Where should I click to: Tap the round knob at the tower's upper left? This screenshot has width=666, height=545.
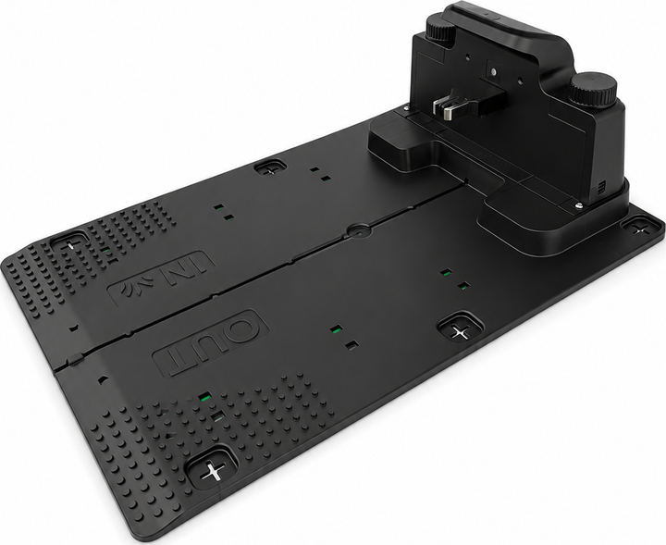tap(441, 28)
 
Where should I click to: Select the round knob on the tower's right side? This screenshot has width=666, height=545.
tap(593, 89)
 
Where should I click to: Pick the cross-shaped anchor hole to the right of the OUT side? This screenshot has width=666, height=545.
tap(460, 330)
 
